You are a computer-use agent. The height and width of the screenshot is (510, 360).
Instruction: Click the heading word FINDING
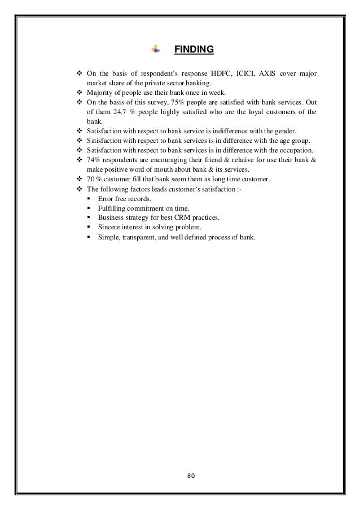194,50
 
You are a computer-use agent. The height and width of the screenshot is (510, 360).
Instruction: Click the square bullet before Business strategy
89,218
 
